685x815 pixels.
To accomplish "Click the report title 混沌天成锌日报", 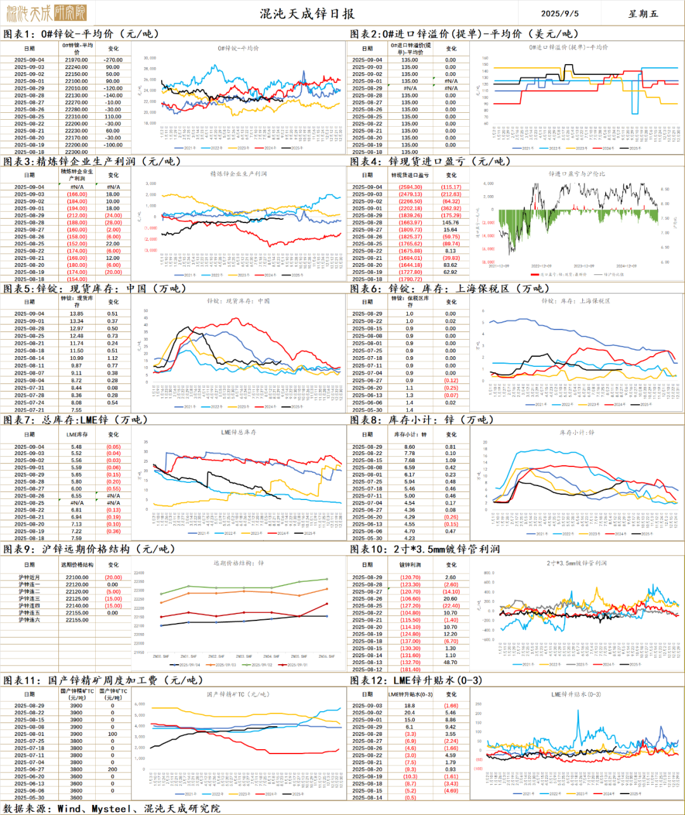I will (307, 13).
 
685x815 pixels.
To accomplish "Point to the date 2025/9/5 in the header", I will (559, 13).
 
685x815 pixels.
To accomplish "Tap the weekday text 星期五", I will (643, 13).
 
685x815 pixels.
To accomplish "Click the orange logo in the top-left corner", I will (46, 12).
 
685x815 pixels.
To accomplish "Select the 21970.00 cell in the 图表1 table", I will (76, 60).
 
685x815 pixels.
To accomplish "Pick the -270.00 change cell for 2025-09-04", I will (113, 60).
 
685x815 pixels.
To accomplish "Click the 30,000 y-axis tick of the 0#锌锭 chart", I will (150, 58).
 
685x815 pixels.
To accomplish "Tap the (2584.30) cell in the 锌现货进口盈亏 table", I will (410, 187).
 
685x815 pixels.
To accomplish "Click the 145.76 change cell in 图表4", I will (450, 222).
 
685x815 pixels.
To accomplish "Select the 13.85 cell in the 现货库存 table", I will (76, 314).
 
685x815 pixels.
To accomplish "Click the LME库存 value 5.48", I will (76, 447).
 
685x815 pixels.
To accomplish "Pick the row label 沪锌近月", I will (29, 577).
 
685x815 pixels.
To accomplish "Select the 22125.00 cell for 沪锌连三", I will (77, 598).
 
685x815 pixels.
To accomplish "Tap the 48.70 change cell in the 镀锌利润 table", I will (450, 662).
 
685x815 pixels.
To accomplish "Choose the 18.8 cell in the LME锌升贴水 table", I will (410, 705).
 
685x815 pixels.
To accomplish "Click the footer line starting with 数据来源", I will (112, 808).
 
